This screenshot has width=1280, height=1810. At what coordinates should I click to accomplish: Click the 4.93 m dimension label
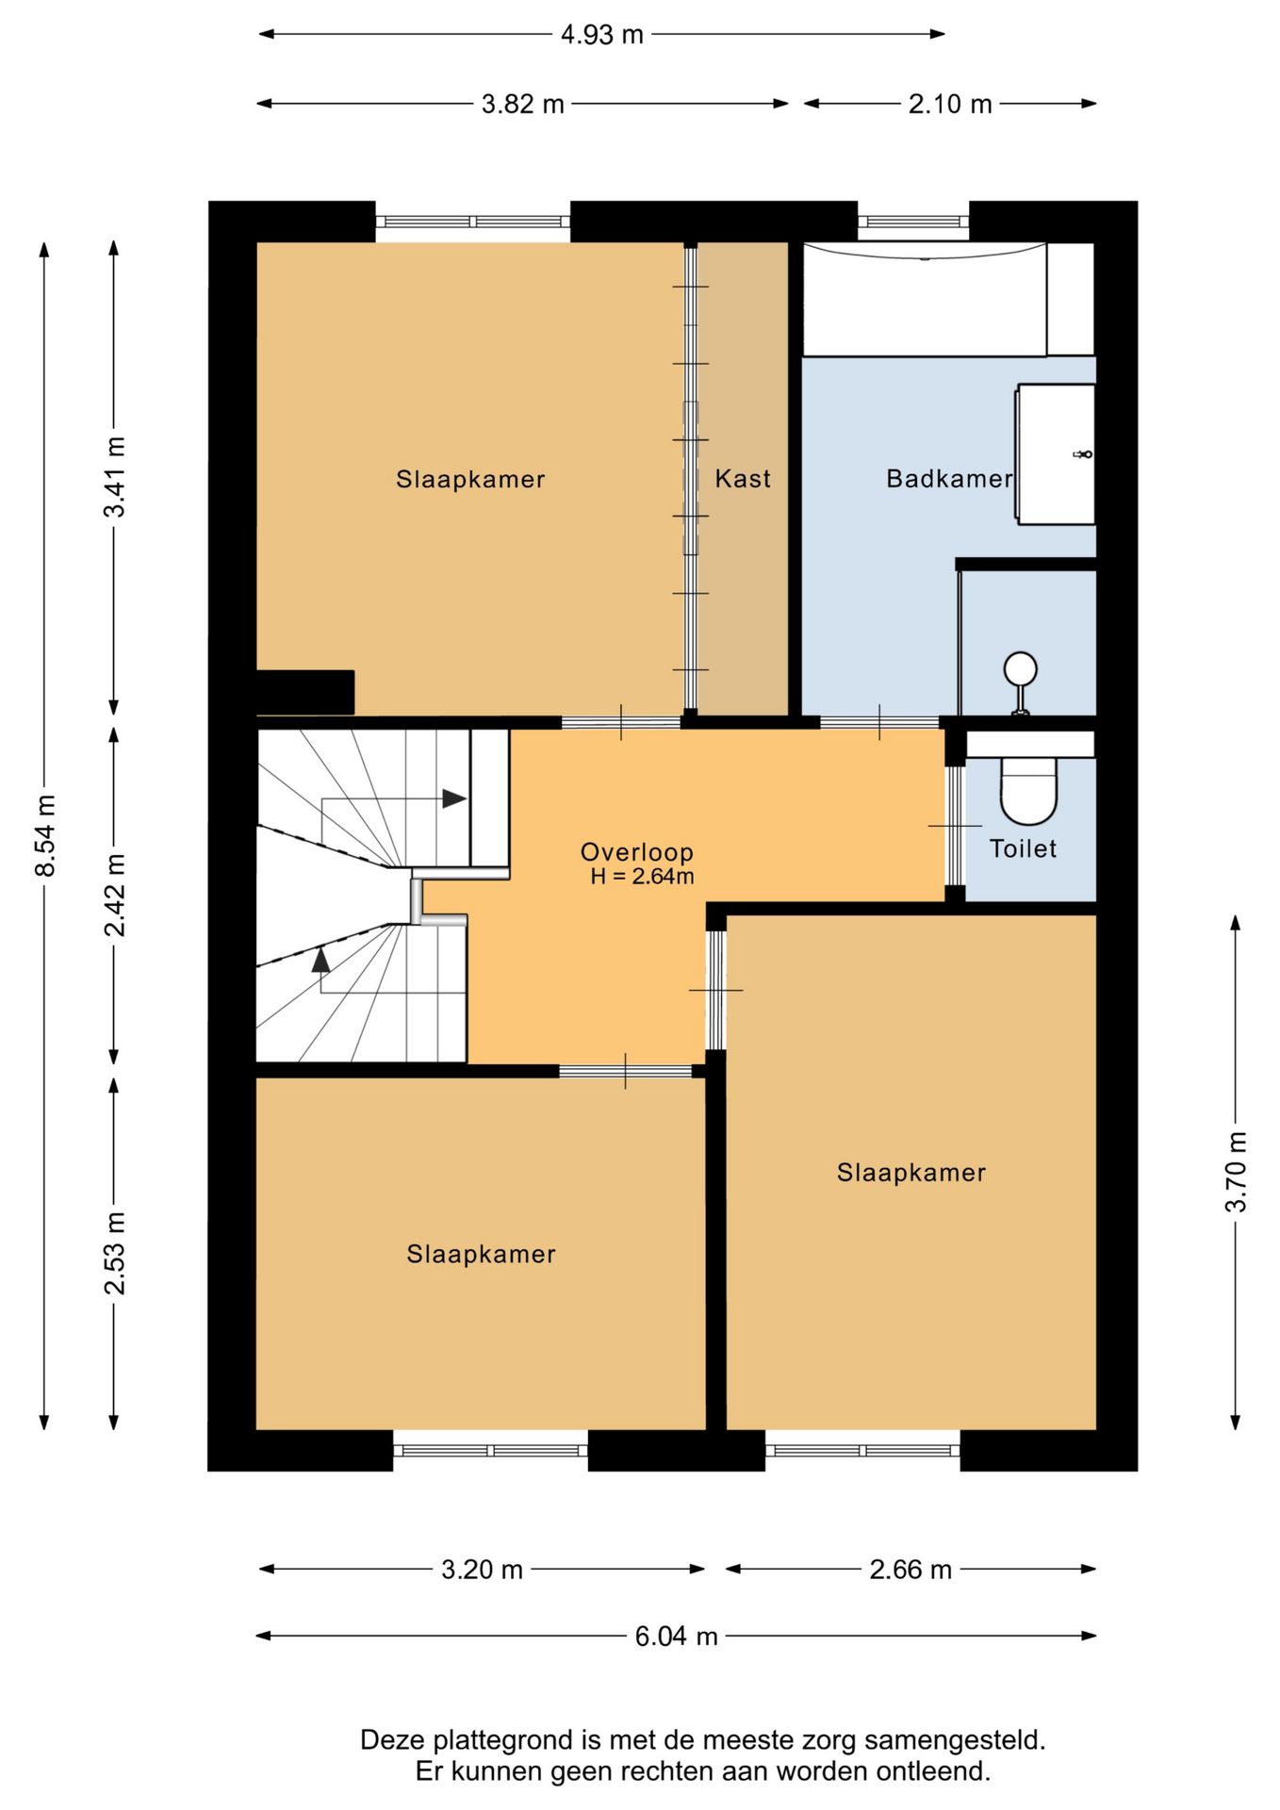tap(601, 35)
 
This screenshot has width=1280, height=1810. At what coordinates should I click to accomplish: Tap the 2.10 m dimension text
tap(950, 104)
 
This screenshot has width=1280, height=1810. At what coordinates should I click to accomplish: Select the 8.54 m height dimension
tap(45, 835)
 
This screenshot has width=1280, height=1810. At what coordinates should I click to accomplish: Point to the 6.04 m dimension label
tap(676, 1636)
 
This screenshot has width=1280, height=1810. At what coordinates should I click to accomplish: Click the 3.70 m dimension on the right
tap(1236, 1172)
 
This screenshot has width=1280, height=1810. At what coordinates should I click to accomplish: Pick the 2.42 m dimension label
tap(114, 895)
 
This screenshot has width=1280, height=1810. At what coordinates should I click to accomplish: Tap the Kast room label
tap(743, 479)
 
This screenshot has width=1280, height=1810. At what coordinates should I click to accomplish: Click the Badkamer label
tap(949, 479)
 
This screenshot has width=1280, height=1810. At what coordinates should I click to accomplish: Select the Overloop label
tap(636, 852)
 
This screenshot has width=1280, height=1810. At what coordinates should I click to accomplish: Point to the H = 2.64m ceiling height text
tap(642, 877)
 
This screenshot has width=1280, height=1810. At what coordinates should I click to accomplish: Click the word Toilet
tap(1023, 848)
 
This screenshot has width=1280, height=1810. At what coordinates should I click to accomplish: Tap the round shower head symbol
tap(1020, 669)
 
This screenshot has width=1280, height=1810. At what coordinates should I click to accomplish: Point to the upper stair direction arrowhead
tap(454, 798)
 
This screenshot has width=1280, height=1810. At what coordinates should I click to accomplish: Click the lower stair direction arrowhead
tap(321, 959)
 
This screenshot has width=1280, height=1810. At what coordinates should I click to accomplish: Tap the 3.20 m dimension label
tap(482, 1569)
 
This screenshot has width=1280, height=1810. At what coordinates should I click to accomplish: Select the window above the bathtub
tap(913, 222)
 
